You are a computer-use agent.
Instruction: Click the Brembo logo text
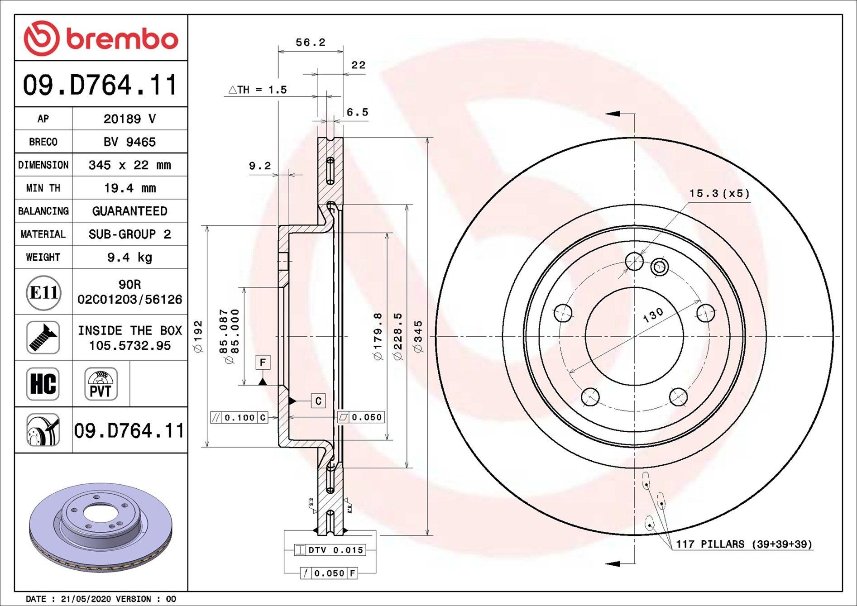(122, 39)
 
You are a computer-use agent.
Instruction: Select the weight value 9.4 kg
(129, 258)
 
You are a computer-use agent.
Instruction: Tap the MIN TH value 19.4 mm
(129, 188)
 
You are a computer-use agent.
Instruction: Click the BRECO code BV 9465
(129, 142)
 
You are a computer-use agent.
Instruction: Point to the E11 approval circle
(43, 293)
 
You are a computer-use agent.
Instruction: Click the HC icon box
(43, 384)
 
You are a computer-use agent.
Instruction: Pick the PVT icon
(101, 384)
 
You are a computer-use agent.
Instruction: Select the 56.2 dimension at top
(310, 43)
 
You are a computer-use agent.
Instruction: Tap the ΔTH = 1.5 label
(257, 90)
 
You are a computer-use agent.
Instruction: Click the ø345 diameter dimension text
(418, 336)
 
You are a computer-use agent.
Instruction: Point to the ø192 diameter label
(198, 336)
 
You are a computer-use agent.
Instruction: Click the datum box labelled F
(263, 362)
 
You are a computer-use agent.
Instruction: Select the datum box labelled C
(318, 401)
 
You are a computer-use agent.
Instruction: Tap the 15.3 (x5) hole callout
(719, 193)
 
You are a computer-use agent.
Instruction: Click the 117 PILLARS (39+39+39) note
(744, 544)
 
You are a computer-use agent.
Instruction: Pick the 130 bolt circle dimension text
(653, 315)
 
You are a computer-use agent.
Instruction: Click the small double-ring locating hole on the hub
(659, 267)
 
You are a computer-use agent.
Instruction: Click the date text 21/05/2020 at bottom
(86, 599)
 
